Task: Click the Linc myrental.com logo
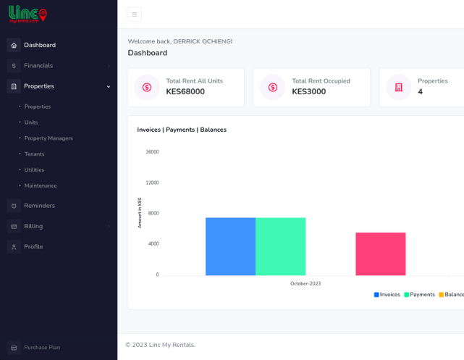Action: pyautogui.click(x=28, y=14)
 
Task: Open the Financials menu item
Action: pyautogui.click(x=38, y=66)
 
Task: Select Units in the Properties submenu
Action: pyautogui.click(x=31, y=122)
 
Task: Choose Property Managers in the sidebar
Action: pyautogui.click(x=48, y=138)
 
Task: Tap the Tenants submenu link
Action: pyautogui.click(x=34, y=154)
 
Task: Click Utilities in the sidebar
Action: pyautogui.click(x=34, y=169)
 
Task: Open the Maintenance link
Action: pyautogui.click(x=41, y=185)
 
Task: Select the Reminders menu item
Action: pyautogui.click(x=39, y=206)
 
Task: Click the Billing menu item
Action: pyautogui.click(x=33, y=226)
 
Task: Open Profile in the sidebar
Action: pyautogui.click(x=33, y=246)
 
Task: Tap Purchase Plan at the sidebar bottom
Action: pyautogui.click(x=42, y=347)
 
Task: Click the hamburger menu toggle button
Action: pyautogui.click(x=135, y=14)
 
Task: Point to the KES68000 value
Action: pyautogui.click(x=185, y=91)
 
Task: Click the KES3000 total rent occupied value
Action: pyautogui.click(x=308, y=91)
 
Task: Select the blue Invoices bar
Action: pyautogui.click(x=230, y=246)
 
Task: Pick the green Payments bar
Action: pyautogui.click(x=281, y=246)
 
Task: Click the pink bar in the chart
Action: pyautogui.click(x=381, y=254)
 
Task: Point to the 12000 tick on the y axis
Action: pyautogui.click(x=152, y=183)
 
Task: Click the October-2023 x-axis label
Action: pyautogui.click(x=305, y=284)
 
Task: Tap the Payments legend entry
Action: pyautogui.click(x=419, y=295)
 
